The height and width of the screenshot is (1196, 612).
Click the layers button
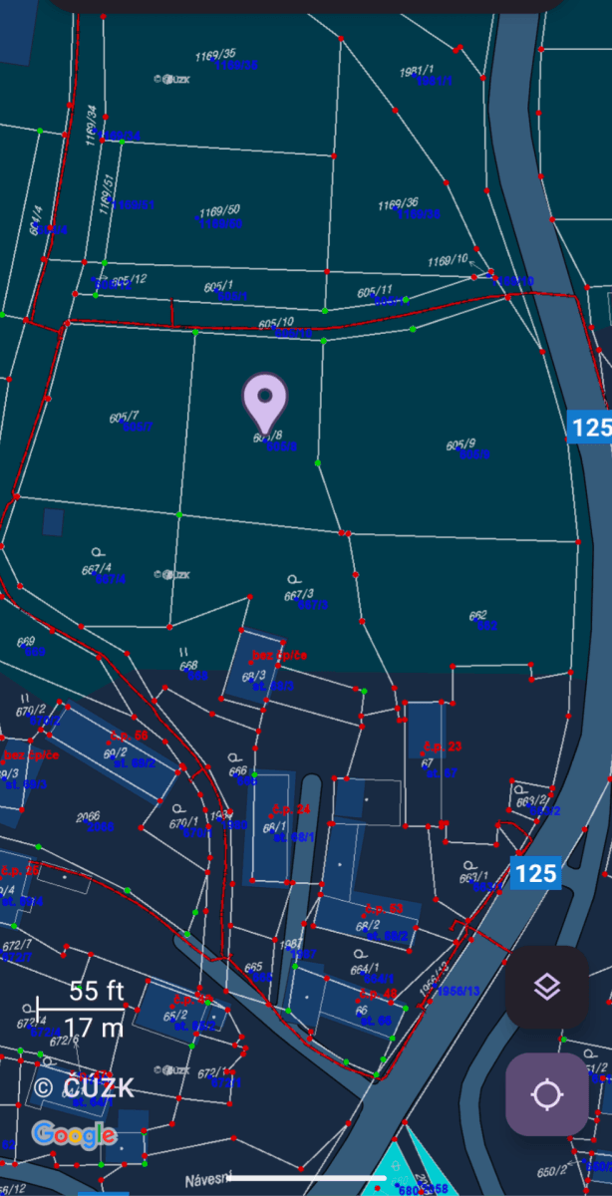tap(546, 987)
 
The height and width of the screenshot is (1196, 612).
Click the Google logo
tap(73, 1134)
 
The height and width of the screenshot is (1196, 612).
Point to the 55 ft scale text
tap(96, 991)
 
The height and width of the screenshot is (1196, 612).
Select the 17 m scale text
tap(96, 1027)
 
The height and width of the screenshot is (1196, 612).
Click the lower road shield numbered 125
tap(535, 874)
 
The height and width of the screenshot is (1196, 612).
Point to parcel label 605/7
tap(125, 417)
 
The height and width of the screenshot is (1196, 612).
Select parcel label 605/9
tap(460, 445)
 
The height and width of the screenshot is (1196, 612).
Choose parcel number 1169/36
tap(398, 204)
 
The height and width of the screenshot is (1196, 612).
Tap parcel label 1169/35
tap(215, 54)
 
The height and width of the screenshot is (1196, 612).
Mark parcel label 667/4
tap(97, 569)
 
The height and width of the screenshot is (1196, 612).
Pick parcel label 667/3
tap(298, 595)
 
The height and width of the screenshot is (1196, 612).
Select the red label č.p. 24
tap(290, 809)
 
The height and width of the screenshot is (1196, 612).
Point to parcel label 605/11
tap(375, 292)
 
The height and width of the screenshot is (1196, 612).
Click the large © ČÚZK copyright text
tap(84, 1087)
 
